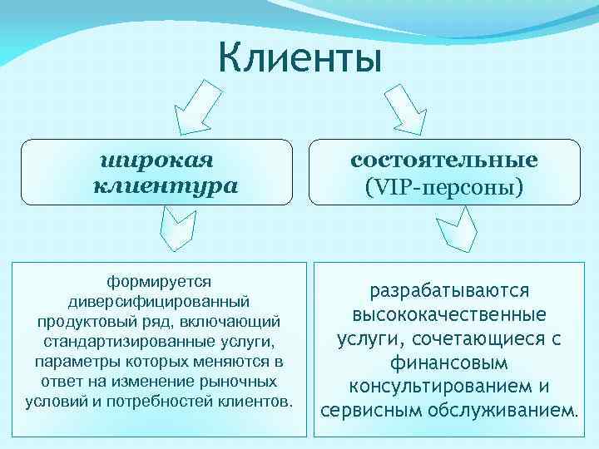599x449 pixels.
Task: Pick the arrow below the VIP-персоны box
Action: click(x=458, y=230)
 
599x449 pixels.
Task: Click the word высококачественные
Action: click(x=449, y=316)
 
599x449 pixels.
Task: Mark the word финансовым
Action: click(x=449, y=363)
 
